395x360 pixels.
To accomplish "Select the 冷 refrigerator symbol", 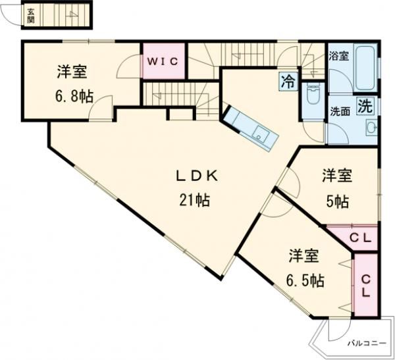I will point(288,82).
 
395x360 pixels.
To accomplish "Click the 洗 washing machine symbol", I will point(364,107).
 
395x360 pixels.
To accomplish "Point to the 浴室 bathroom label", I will point(340,57).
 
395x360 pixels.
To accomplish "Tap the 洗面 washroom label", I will point(340,112).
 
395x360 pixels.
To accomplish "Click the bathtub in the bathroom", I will point(365,68).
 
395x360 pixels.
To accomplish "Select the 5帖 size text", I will point(337,202).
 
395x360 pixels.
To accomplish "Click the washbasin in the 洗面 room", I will point(371,127).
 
